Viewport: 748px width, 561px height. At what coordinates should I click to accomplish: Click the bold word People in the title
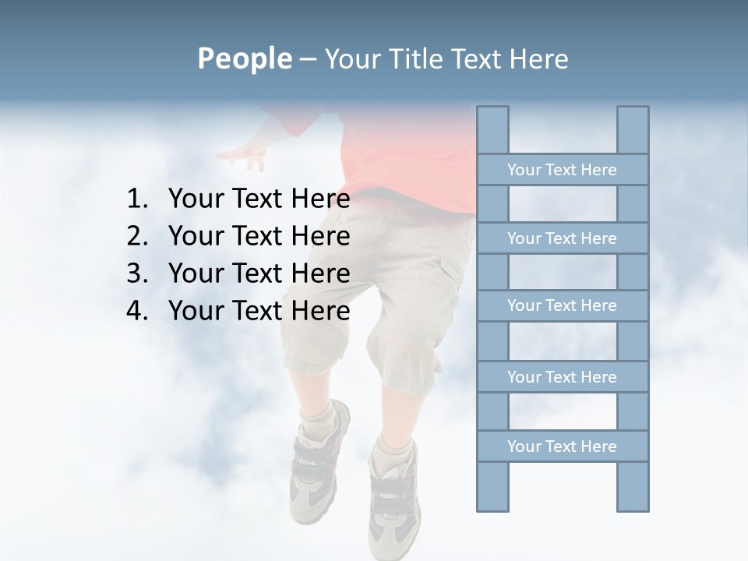point(244,58)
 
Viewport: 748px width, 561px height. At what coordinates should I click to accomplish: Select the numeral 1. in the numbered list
point(137,199)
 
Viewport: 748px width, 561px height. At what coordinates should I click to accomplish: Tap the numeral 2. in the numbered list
point(137,236)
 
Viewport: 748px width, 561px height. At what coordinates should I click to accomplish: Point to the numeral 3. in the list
point(137,273)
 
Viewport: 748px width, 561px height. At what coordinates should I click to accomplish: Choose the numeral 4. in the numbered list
point(137,311)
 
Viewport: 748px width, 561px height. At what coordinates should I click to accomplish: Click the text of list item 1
point(259,199)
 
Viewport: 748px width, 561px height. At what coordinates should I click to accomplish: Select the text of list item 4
point(259,311)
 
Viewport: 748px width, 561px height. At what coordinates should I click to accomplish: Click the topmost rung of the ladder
point(562,170)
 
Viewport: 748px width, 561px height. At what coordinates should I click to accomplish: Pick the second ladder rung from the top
point(562,238)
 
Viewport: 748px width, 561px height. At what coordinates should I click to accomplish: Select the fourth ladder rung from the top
point(562,377)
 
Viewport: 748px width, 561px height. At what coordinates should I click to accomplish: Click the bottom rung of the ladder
point(562,446)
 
